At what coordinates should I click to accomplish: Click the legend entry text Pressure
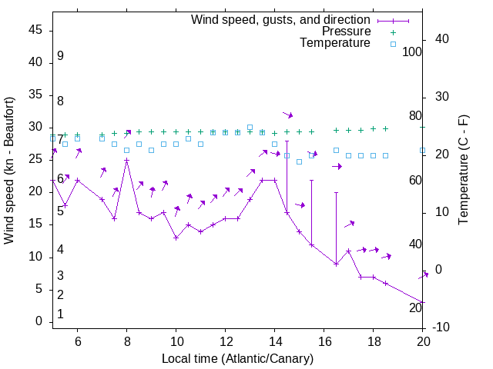(x=346, y=32)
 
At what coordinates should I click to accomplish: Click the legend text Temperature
(x=335, y=43)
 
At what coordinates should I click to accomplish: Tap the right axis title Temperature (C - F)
(x=463, y=171)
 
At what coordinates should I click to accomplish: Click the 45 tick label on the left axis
(x=35, y=31)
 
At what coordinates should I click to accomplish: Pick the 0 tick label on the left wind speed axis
(x=38, y=321)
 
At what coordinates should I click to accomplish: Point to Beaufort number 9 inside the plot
(x=60, y=56)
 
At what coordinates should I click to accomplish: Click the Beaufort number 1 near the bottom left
(x=60, y=314)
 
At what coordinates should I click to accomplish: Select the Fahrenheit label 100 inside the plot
(x=412, y=52)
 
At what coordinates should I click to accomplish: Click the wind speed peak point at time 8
(x=126, y=161)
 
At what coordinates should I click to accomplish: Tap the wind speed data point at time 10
(x=176, y=238)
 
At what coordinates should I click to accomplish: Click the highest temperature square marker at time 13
(x=250, y=127)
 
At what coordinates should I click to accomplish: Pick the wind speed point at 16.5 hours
(x=336, y=264)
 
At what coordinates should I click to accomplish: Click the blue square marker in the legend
(x=392, y=44)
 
